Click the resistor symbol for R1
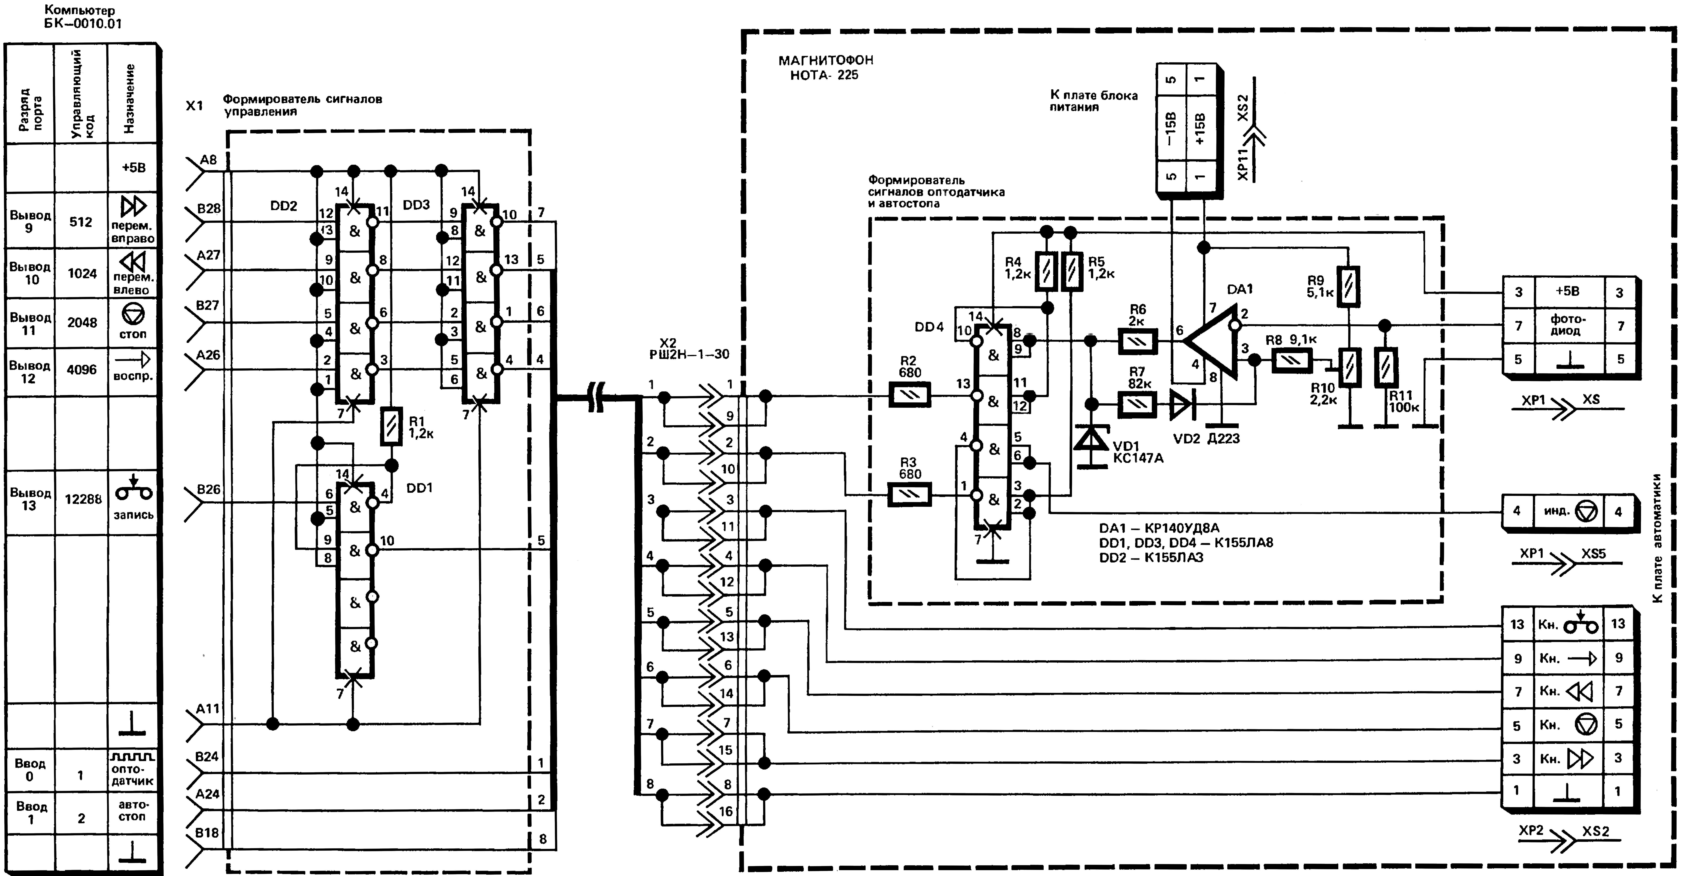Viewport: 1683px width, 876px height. click(391, 426)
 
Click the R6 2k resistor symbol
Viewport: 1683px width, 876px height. click(1138, 341)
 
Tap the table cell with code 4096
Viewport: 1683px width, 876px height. click(82, 370)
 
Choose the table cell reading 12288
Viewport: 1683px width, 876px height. click(83, 499)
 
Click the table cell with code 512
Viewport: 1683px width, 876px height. click(81, 222)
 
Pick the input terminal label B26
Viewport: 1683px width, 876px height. click(208, 490)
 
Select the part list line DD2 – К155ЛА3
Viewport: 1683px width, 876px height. click(1151, 558)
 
